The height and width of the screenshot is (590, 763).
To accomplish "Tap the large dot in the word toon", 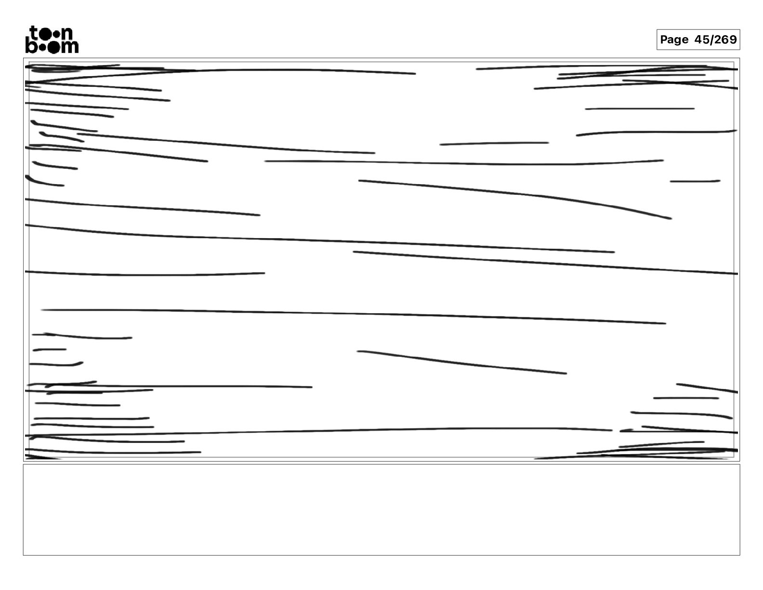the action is point(45,34).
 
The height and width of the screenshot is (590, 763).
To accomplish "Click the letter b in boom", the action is point(31,46).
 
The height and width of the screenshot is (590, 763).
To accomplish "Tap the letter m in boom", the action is point(70,47).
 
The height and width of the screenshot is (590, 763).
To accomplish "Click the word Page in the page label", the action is point(674,40).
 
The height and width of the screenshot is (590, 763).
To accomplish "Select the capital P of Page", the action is point(664,39).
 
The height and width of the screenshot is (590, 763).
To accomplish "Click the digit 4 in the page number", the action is point(698,39).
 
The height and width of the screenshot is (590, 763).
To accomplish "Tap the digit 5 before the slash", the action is point(706,39).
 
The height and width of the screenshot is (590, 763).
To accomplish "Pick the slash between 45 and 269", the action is point(712,40).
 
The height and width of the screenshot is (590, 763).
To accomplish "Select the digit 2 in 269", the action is point(718,39).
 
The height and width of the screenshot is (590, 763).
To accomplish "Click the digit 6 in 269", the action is point(725,39).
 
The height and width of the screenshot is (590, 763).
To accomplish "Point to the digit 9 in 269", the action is point(733,39).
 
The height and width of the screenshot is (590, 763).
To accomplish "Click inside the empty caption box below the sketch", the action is point(381,510).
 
